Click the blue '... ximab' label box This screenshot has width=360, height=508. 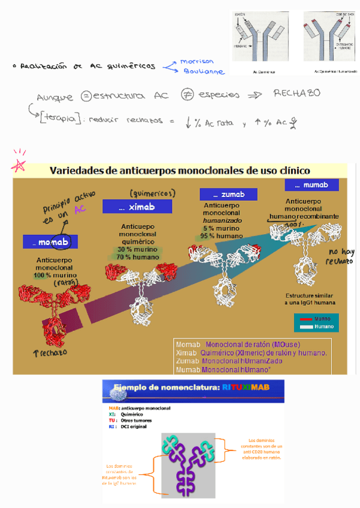tap(137, 207)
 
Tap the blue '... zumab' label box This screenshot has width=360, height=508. tap(228, 195)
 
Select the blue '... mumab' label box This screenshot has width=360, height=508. tap(311, 185)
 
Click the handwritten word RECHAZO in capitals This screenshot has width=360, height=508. tap(297, 93)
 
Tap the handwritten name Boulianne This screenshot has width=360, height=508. tap(204, 71)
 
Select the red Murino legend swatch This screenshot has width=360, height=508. tap(305, 319)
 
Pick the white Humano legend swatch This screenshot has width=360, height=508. tap(305, 326)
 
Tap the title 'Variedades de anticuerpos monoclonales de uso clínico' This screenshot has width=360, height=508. tap(180, 170)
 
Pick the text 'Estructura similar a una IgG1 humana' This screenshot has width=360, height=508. tap(310, 300)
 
